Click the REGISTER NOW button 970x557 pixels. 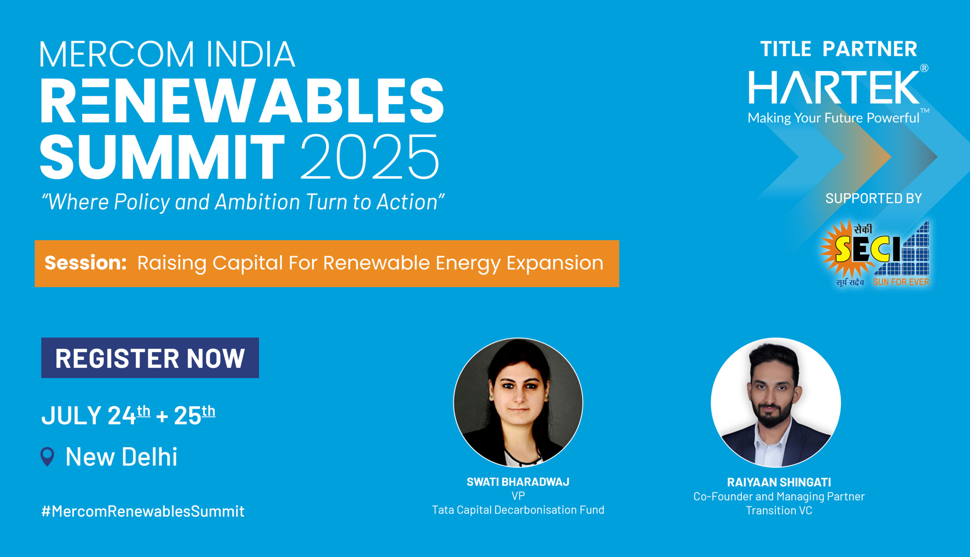tap(150, 358)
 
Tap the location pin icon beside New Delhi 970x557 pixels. tap(47, 456)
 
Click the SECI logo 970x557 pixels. tap(875, 253)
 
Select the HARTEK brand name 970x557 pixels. tap(834, 87)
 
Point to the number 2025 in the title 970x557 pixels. tap(370, 156)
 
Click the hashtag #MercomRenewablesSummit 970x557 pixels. tap(143, 511)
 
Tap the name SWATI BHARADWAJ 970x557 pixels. tap(518, 482)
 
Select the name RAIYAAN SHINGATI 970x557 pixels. tap(779, 482)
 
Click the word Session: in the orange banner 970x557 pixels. tap(86, 263)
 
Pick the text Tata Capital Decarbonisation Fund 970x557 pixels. tap(518, 510)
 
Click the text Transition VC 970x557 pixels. tap(779, 510)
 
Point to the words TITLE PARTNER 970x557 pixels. tap(839, 49)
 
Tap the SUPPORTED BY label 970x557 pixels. tap(874, 198)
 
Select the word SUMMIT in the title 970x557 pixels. tap(163, 157)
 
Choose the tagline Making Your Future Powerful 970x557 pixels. tap(834, 118)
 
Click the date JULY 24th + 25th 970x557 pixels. tap(128, 415)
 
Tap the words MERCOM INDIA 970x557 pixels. tap(167, 54)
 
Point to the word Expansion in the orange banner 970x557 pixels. tap(555, 263)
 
